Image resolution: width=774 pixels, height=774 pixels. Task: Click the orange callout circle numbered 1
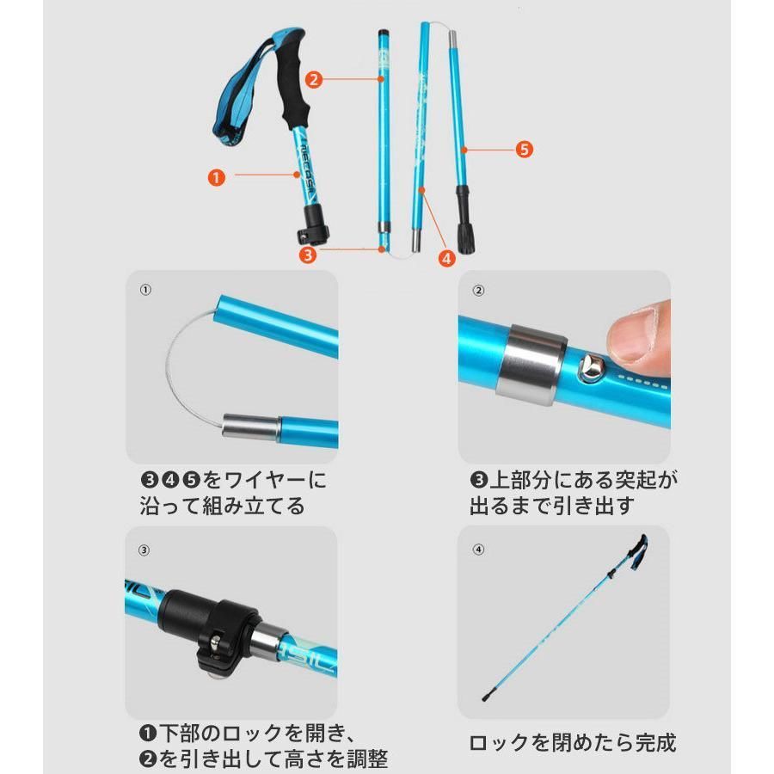point(216,177)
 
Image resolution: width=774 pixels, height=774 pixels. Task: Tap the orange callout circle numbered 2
point(313,79)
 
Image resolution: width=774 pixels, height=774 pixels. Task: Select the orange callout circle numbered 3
point(308,255)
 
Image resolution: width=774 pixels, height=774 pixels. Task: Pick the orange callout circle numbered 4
point(446,258)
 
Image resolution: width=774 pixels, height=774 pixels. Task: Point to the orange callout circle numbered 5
point(525,149)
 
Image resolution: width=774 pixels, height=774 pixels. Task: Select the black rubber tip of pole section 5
point(465,222)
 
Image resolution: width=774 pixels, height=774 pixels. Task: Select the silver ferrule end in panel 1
point(251,426)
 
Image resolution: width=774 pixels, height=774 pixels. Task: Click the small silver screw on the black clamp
point(216,642)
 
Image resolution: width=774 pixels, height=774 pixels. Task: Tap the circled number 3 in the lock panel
point(144,550)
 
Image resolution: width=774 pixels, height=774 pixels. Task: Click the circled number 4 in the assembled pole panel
point(478,549)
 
